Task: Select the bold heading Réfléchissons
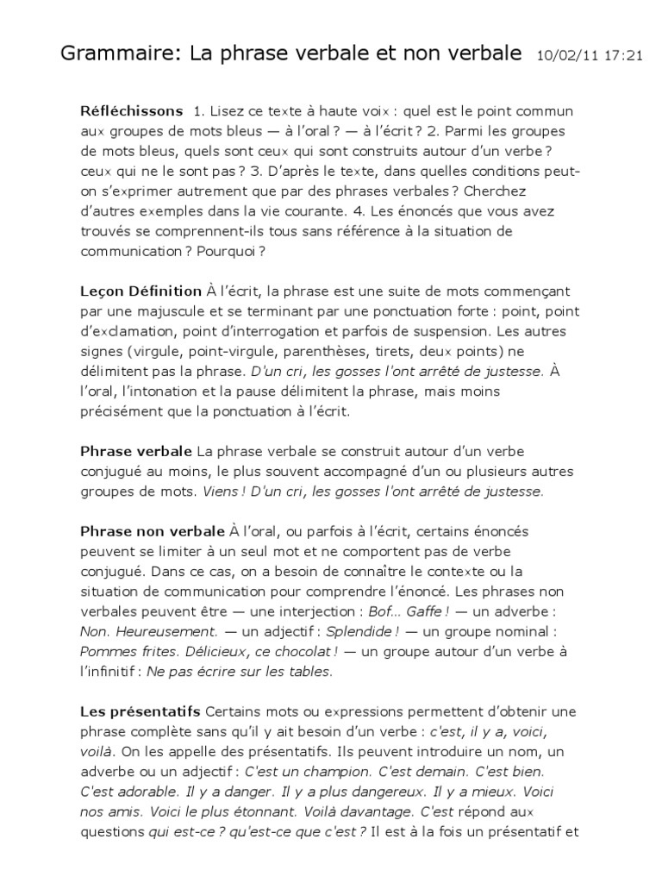pos(131,111)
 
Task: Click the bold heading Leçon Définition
pos(141,292)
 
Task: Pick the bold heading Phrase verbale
pos(135,451)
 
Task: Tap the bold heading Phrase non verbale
pos(152,530)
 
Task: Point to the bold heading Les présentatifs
pos(140,711)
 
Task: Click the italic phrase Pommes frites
pos(120,650)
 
